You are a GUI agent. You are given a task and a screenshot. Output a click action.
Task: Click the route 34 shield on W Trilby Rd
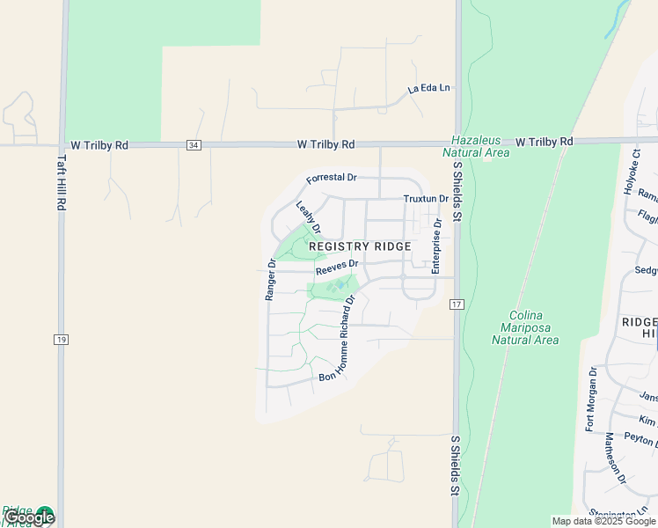coord(194,144)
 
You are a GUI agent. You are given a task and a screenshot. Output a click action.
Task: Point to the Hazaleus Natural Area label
coord(480,146)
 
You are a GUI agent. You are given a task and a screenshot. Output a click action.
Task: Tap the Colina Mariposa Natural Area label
coord(525,327)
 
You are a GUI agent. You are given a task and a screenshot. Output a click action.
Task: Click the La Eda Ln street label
coord(428,89)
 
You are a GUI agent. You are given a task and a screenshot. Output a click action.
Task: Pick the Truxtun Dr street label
coord(426,200)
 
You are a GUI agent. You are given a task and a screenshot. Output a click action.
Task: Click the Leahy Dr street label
coord(307,217)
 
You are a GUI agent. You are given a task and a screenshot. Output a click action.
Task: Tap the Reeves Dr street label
coord(337,266)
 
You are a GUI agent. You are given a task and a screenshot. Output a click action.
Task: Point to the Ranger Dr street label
coord(271,280)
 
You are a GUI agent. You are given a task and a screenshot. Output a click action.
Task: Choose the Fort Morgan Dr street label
coord(591,399)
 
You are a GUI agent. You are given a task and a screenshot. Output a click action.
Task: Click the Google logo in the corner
coord(29,517)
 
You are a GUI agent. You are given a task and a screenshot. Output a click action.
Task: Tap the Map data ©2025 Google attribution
coord(603,521)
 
